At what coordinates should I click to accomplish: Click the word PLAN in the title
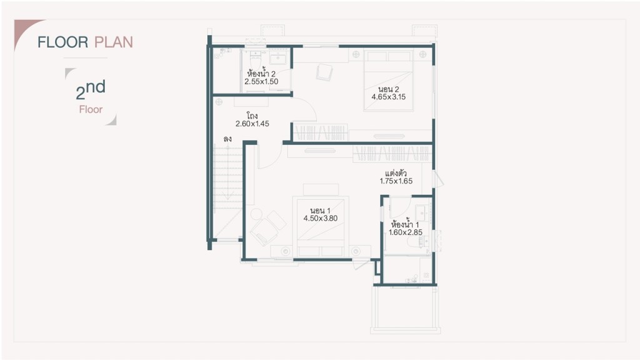click(114, 42)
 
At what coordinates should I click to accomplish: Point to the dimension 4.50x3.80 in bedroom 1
click(320, 219)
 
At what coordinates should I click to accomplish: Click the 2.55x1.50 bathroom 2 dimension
click(261, 81)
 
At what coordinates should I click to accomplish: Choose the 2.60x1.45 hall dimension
click(252, 124)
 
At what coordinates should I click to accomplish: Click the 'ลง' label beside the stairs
click(227, 139)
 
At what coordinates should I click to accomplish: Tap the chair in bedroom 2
click(324, 72)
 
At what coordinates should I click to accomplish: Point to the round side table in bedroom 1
click(257, 214)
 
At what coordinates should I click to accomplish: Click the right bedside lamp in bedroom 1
click(357, 251)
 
